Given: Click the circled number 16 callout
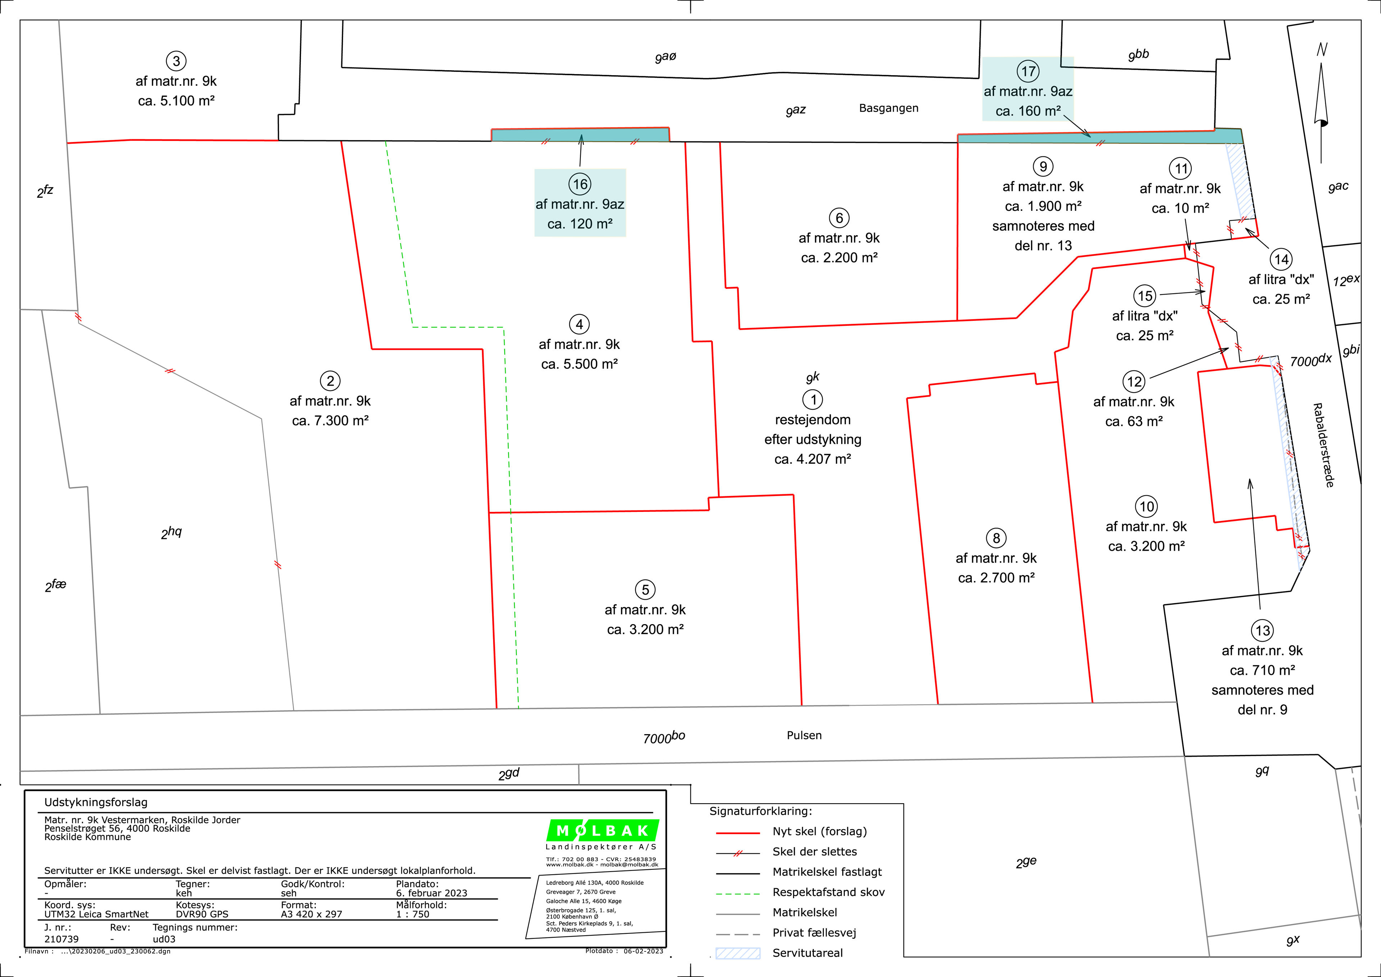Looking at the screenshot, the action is click(x=580, y=184).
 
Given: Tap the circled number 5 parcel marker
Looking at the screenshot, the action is click(x=646, y=590).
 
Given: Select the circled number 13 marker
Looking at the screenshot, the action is click(x=1263, y=631).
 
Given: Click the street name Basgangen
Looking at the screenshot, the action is click(x=888, y=108).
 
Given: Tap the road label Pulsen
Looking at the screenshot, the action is click(x=804, y=735).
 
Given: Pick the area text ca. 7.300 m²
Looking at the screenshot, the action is click(x=330, y=421).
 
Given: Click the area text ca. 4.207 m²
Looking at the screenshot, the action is click(x=813, y=459).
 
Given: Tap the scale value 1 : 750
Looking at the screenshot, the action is click(x=413, y=914).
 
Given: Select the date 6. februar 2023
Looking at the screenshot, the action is click(x=431, y=894).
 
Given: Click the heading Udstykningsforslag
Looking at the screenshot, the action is click(x=96, y=803).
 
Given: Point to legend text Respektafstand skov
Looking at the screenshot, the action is click(x=828, y=892).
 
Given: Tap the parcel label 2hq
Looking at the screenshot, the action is click(x=172, y=532).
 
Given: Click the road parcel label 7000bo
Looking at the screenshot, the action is click(x=664, y=737).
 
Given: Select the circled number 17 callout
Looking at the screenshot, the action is click(x=1029, y=71).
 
